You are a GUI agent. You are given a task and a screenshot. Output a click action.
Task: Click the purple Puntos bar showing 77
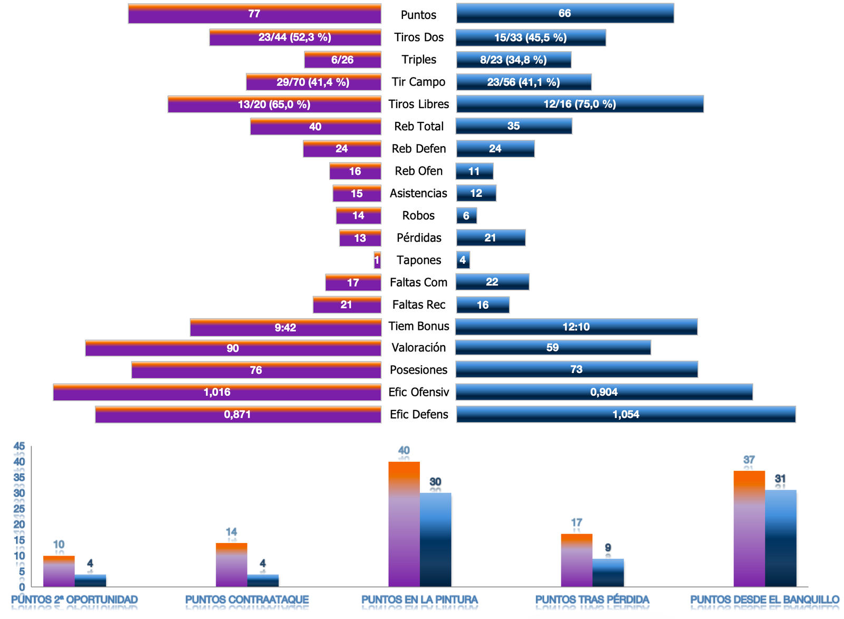pyautogui.click(x=254, y=14)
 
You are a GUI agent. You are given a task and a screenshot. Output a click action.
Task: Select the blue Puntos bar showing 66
pyautogui.click(x=565, y=13)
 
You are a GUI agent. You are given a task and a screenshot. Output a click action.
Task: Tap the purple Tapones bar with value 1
pyautogui.click(x=377, y=260)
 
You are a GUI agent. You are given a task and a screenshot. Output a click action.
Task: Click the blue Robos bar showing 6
pyautogui.click(x=466, y=215)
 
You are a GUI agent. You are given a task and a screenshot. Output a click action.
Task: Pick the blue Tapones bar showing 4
pyautogui.click(x=463, y=260)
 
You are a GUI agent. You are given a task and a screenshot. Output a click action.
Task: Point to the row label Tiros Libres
pyautogui.click(x=418, y=104)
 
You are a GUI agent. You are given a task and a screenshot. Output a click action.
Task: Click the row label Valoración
pyautogui.click(x=418, y=347)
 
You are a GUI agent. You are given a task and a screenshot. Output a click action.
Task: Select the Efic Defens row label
pyautogui.click(x=419, y=414)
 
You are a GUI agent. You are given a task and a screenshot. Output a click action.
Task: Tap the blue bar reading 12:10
pyautogui.click(x=576, y=327)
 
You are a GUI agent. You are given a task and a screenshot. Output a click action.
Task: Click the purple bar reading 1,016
pyautogui.click(x=217, y=392)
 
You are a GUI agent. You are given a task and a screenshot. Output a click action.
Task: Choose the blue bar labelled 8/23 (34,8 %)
pyautogui.click(x=513, y=60)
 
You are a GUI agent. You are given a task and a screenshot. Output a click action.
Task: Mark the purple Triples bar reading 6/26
pyautogui.click(x=342, y=60)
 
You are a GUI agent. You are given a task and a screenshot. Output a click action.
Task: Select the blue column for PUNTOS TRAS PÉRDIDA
pyautogui.click(x=608, y=573)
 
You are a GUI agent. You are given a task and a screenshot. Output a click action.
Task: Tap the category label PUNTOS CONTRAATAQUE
pyautogui.click(x=247, y=599)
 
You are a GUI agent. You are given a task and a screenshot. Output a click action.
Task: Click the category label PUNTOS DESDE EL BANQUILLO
pyautogui.click(x=764, y=599)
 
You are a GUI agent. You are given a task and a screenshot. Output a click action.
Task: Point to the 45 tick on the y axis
pyautogui.click(x=19, y=446)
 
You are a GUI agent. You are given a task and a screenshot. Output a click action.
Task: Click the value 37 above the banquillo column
pyautogui.click(x=749, y=460)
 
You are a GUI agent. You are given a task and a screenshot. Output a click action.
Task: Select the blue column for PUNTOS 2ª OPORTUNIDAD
pyautogui.click(x=90, y=580)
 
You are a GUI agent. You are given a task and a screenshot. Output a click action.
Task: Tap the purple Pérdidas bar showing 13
pyautogui.click(x=360, y=238)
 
